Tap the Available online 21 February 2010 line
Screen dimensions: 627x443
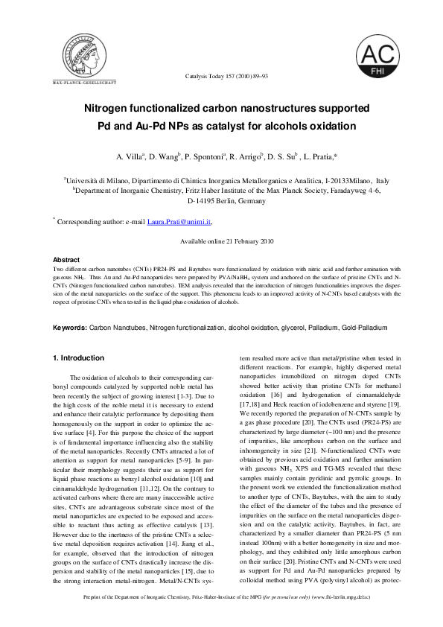tap(228, 242)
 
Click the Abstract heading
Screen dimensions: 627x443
tap(67, 259)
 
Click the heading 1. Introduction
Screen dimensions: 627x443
tap(77, 358)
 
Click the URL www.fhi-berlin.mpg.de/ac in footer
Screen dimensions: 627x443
tap(351, 617)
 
